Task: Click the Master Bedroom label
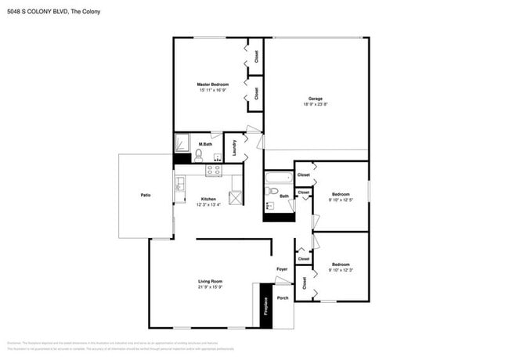click(212, 84)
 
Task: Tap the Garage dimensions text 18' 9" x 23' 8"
click(316, 105)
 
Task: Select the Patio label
click(145, 194)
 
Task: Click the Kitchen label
click(208, 199)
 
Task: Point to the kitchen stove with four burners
click(213, 170)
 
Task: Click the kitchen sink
click(179, 185)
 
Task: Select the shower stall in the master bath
click(182, 142)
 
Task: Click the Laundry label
click(235, 147)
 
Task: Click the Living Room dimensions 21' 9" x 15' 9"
click(210, 286)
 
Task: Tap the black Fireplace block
click(265, 306)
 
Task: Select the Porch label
click(282, 298)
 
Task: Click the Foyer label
click(282, 269)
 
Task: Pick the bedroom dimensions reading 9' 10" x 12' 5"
click(341, 200)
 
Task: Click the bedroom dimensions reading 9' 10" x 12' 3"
click(341, 270)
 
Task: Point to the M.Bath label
click(206, 144)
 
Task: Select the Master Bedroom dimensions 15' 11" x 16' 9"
click(212, 90)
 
